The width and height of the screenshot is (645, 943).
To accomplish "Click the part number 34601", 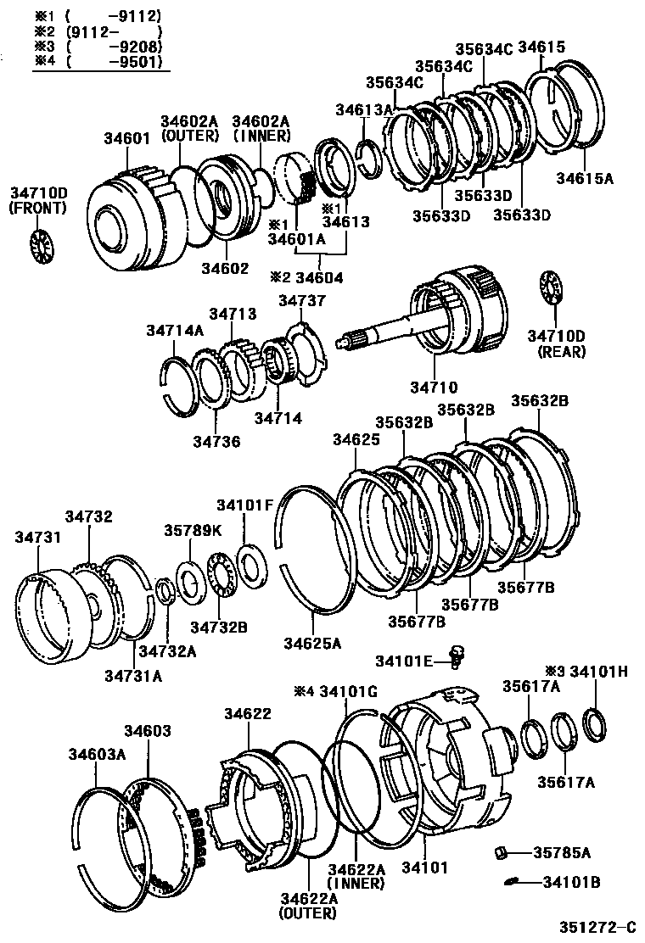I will pyautogui.click(x=127, y=139).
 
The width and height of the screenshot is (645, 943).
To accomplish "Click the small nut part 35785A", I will pyautogui.click(x=502, y=851).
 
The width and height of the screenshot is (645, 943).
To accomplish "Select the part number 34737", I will pyautogui.click(x=301, y=301).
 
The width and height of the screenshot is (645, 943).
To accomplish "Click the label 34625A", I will pyautogui.click(x=312, y=644).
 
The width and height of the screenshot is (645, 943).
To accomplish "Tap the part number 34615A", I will pyautogui.click(x=584, y=178).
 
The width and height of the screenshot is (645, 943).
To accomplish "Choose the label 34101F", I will pyautogui.click(x=244, y=506).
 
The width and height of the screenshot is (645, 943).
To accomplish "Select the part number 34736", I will pyautogui.click(x=216, y=441).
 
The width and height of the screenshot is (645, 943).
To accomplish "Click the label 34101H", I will pyautogui.click(x=598, y=672).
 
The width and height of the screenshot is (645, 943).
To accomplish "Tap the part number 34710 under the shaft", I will pyautogui.click(x=433, y=388).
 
